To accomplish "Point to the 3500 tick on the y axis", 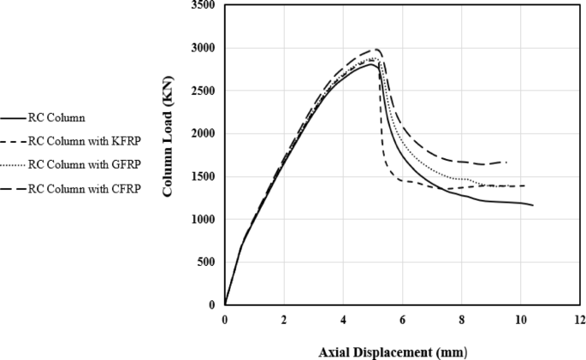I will point(204,6).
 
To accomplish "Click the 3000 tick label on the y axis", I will point(204,49).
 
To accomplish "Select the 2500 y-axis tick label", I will point(204,91).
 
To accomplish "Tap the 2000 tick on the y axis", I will point(204,134).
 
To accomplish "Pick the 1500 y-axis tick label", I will point(204,177).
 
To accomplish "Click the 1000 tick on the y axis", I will point(204,220).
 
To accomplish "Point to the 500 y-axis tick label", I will point(207,263).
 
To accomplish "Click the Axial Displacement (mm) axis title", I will point(393,351).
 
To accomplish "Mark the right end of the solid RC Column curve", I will point(533,205).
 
